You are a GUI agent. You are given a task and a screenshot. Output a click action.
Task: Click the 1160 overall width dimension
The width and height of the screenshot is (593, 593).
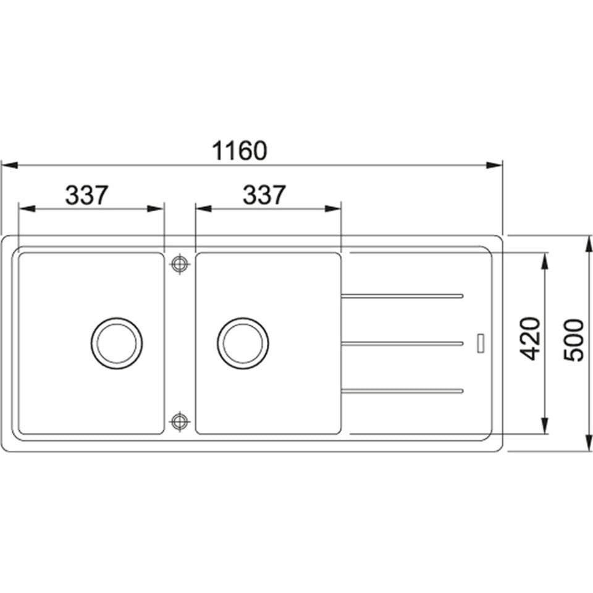pyautogui.click(x=240, y=151)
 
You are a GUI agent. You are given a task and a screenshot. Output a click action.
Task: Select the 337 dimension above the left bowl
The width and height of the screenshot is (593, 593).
pyautogui.click(x=87, y=195)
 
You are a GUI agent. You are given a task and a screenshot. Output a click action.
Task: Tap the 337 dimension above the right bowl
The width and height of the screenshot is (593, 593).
pyautogui.click(x=264, y=195)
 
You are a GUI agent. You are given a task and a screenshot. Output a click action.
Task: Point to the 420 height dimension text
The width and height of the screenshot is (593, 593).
pyautogui.click(x=530, y=339)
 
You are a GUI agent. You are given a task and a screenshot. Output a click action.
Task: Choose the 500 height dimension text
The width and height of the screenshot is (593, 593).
pyautogui.click(x=574, y=340)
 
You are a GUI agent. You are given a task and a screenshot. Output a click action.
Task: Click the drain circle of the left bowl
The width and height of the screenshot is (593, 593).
pyautogui.click(x=117, y=343)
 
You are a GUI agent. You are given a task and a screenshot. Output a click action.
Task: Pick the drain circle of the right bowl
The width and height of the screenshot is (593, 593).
pyautogui.click(x=243, y=343)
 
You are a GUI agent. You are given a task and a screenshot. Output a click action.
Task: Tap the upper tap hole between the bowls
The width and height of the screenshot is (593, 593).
pyautogui.click(x=180, y=264)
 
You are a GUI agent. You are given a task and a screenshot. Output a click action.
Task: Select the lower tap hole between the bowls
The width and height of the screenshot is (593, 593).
pyautogui.click(x=180, y=421)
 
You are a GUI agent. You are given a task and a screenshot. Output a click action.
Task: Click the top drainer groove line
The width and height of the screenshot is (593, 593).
pyautogui.click(x=402, y=296)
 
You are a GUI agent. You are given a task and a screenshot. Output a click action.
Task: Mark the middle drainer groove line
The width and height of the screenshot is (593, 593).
pyautogui.click(x=402, y=343)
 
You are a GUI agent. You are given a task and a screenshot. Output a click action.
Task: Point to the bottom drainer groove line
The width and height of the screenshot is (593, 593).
pyautogui.click(x=402, y=390)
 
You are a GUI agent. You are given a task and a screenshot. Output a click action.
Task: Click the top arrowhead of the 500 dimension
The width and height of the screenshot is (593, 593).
pyautogui.click(x=586, y=243)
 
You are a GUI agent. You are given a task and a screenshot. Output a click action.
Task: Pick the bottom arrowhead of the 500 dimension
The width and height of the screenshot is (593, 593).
pyautogui.click(x=586, y=444)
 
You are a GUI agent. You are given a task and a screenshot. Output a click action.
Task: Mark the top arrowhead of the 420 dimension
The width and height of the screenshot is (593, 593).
pyautogui.click(x=545, y=261)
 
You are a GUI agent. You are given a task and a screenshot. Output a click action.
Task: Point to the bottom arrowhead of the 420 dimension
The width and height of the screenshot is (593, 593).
pyautogui.click(x=545, y=426)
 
